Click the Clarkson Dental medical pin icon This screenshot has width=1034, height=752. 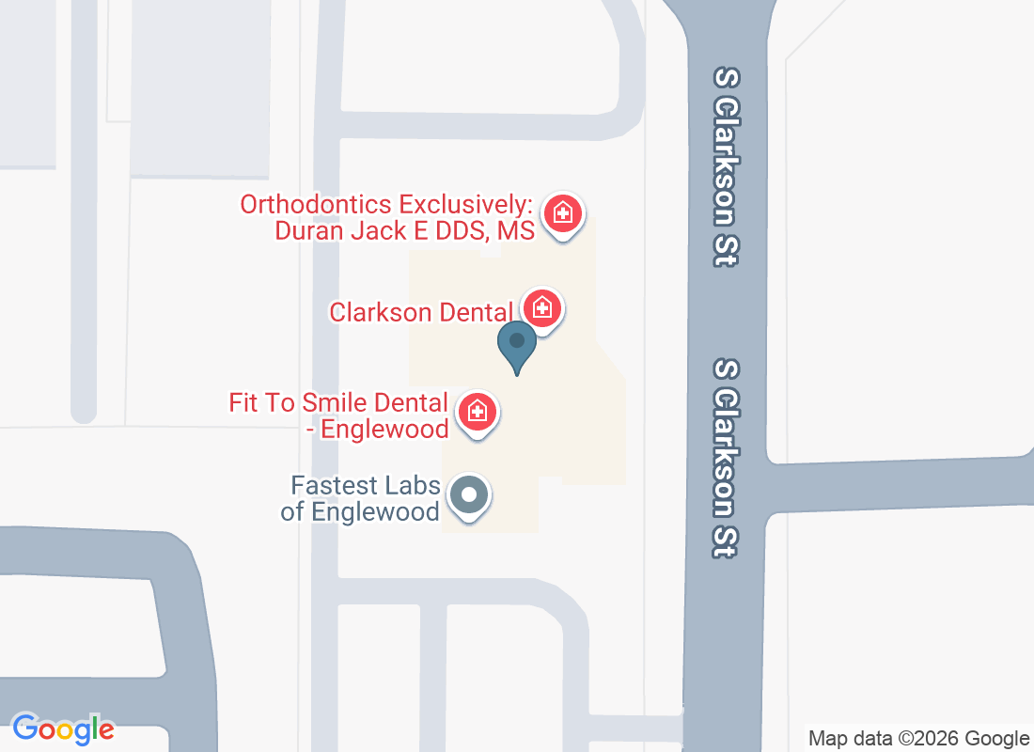[542, 307]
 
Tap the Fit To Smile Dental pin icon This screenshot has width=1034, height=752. [478, 412]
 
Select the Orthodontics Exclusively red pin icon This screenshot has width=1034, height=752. [563, 212]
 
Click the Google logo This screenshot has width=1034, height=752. [64, 728]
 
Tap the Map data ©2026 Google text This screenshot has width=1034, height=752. [918, 739]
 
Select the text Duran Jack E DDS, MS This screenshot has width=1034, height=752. [404, 230]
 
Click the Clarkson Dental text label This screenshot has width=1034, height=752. [420, 312]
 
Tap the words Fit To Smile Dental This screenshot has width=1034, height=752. [338, 403]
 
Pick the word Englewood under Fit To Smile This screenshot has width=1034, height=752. [384, 430]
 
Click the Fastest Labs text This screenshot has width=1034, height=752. [366, 486]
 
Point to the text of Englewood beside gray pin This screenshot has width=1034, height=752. [375, 512]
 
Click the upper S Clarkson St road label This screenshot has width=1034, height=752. [725, 166]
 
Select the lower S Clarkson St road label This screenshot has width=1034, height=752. [725, 458]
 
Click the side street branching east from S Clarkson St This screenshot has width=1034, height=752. [902, 484]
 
